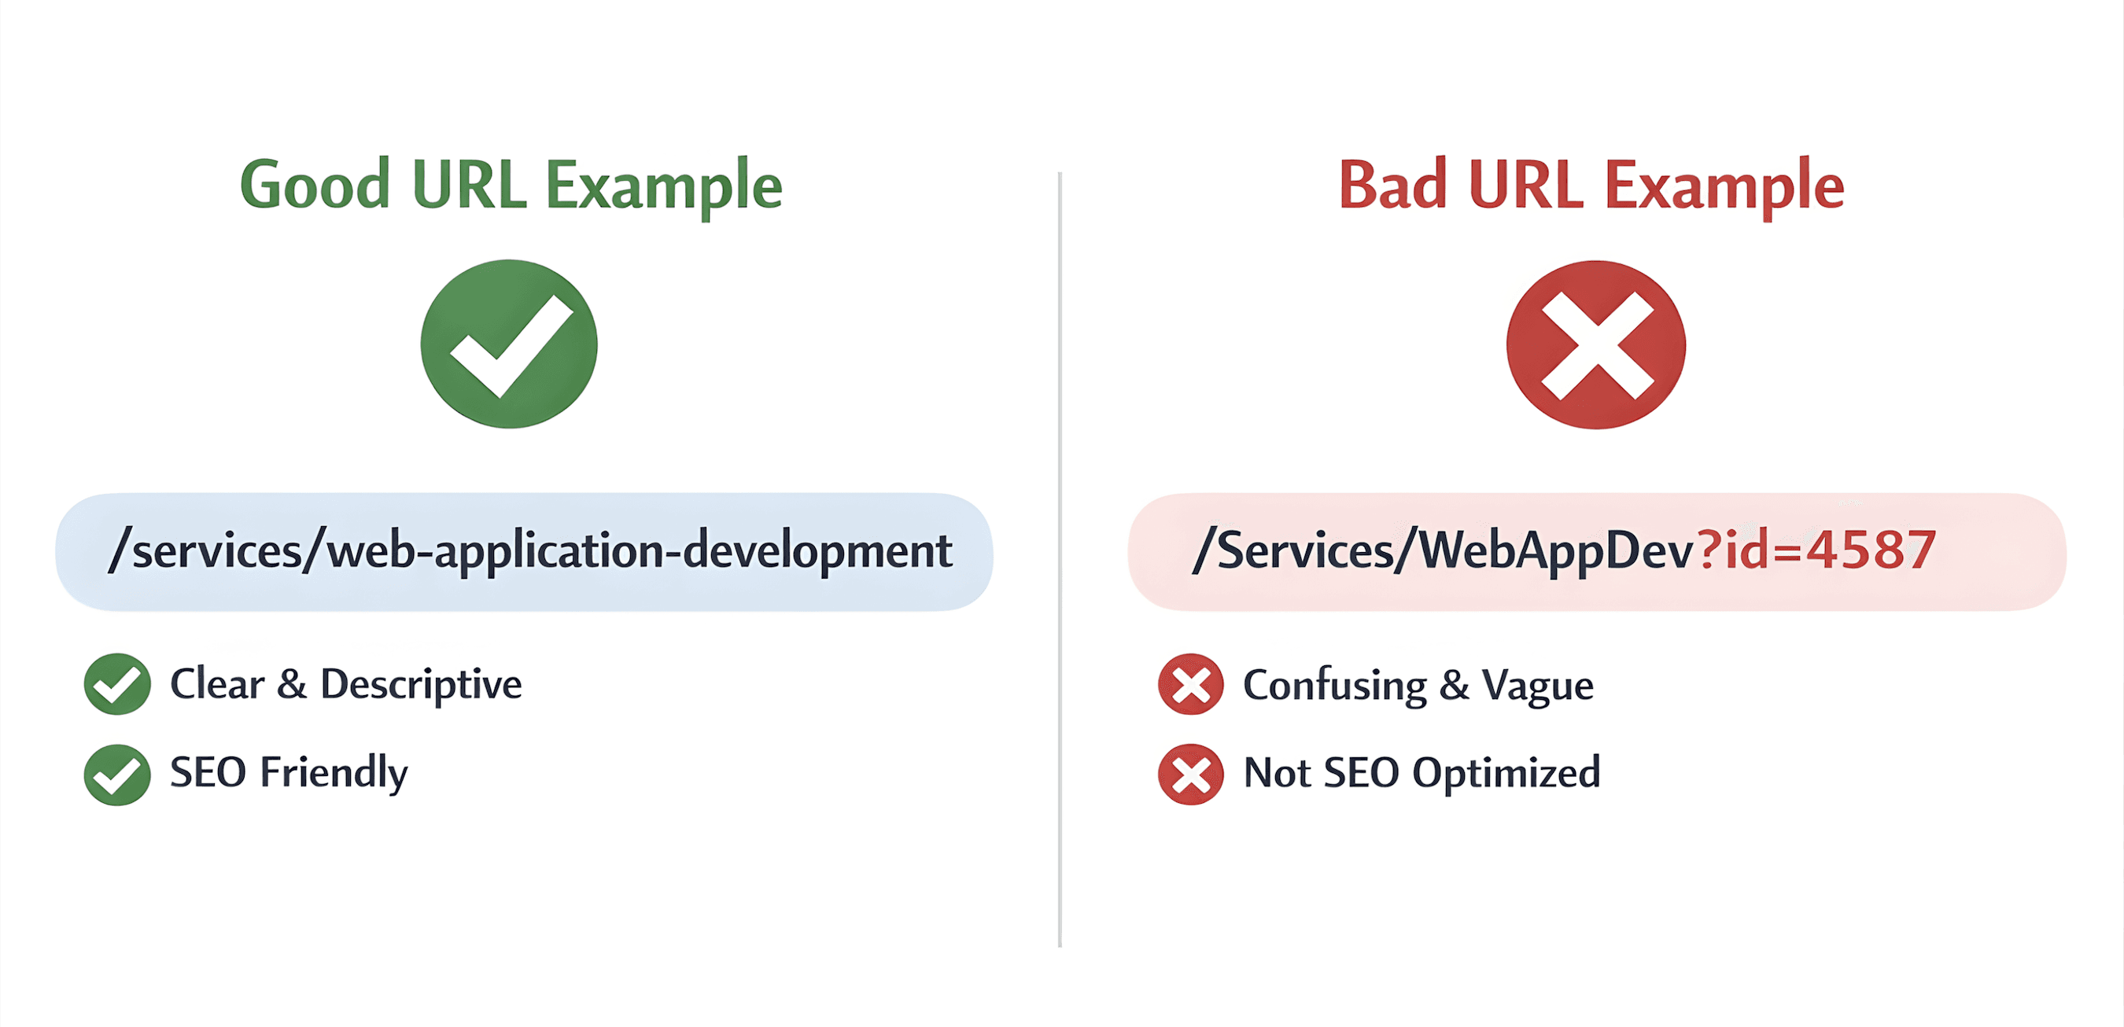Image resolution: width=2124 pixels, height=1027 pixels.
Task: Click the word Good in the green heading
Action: (x=314, y=185)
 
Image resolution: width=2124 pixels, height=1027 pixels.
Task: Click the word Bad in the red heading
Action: (x=1392, y=185)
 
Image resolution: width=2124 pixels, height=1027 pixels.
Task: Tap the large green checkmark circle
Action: (x=509, y=344)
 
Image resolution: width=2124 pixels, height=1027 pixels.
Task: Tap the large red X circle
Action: (x=1595, y=344)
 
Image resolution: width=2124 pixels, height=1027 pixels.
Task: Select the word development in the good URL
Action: (x=818, y=550)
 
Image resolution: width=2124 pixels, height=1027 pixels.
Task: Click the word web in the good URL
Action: (x=371, y=550)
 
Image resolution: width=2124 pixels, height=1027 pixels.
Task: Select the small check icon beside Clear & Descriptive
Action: (x=117, y=683)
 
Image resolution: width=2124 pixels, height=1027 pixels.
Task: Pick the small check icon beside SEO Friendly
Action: (x=117, y=774)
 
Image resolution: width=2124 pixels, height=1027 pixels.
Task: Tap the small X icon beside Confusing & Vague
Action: (x=1191, y=683)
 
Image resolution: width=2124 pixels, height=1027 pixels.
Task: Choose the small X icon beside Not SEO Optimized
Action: (x=1191, y=774)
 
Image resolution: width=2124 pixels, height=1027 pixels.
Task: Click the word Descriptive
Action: (x=421, y=684)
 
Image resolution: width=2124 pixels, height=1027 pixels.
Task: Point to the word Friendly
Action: (x=333, y=773)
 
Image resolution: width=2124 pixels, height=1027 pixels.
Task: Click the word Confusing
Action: (x=1335, y=686)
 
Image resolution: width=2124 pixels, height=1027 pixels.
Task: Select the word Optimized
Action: (x=1506, y=773)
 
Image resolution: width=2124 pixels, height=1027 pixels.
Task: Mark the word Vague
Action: (x=1537, y=686)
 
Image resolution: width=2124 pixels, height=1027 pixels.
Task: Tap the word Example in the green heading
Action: (x=664, y=186)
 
